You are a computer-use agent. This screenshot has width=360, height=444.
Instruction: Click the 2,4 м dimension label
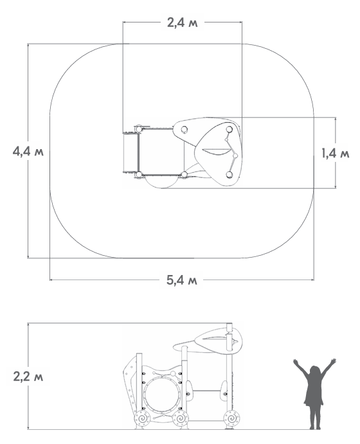point(182,22)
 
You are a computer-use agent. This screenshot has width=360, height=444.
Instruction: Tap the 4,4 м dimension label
point(28,151)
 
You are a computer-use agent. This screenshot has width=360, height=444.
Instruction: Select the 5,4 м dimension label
point(181,280)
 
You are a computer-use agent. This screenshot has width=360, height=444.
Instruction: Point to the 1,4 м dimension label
point(336,154)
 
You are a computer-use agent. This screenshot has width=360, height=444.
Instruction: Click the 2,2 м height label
point(28,377)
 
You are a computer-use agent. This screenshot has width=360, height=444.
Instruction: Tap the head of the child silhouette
point(314,371)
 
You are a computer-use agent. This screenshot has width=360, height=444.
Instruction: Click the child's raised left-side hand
point(296,362)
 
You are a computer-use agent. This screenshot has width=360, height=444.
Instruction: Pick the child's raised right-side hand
point(334,361)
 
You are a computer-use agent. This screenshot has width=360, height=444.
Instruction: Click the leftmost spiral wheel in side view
point(142,418)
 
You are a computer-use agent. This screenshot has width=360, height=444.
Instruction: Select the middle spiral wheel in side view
point(181,418)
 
